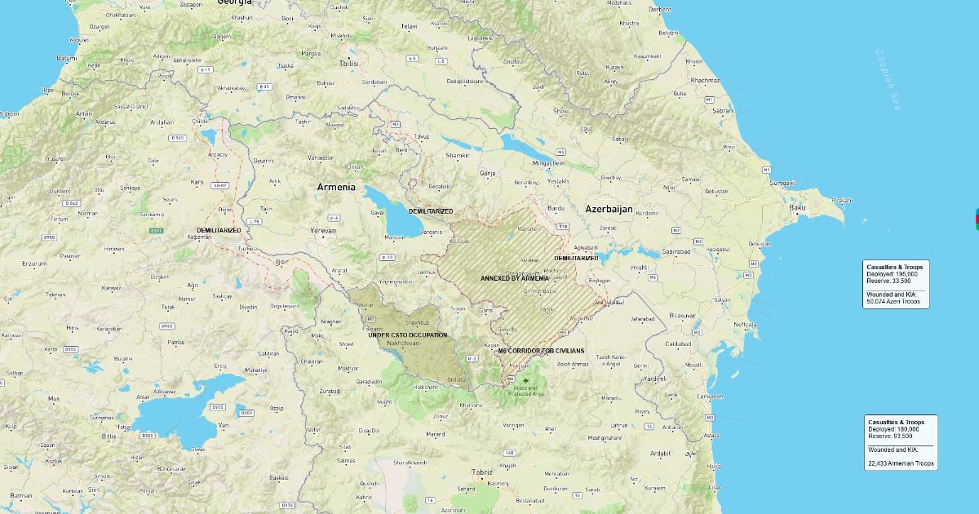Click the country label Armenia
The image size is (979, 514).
tap(336, 187)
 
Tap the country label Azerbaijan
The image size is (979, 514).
tap(609, 210)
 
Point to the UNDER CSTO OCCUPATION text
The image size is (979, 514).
tap(408, 335)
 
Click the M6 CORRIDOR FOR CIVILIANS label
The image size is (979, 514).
tap(541, 350)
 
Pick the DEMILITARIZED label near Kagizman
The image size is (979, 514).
tap(219, 231)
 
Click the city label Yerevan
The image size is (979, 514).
tap(322, 231)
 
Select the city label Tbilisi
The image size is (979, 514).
tap(348, 63)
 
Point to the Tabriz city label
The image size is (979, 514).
tap(482, 472)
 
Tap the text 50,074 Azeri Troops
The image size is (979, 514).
tap(893, 301)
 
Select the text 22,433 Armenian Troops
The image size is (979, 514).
tap(901, 463)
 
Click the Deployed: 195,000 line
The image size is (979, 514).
tap(893, 274)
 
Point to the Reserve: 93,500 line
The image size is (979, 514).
tap(890, 436)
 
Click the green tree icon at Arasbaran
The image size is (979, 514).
tap(525, 381)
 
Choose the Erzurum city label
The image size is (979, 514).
tap(34, 264)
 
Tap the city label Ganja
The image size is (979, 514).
tap(488, 174)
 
